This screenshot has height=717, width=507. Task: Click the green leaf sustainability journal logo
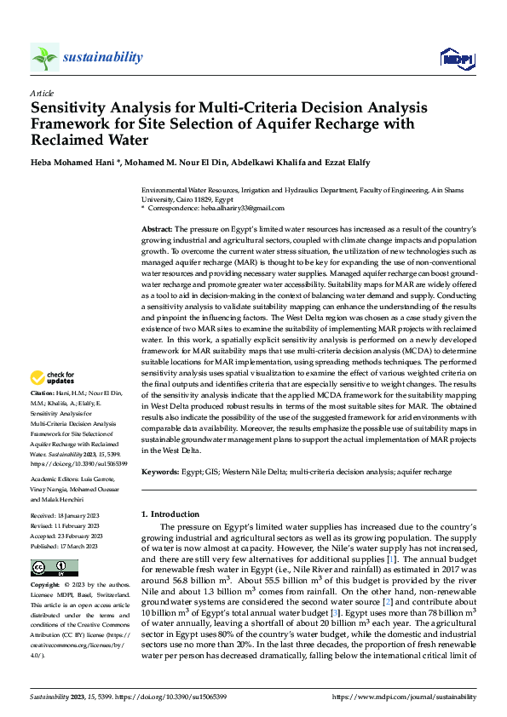click(x=44, y=57)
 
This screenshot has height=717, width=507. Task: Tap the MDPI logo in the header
click(x=455, y=58)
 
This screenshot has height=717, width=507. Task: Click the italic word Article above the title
click(x=41, y=92)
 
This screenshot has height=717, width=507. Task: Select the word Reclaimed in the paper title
click(x=72, y=140)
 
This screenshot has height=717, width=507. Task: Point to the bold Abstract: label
click(x=157, y=231)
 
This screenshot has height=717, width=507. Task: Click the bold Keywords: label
click(x=160, y=471)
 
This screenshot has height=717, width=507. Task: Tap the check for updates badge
click(x=54, y=377)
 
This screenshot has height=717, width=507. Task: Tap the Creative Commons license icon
click(x=52, y=568)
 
